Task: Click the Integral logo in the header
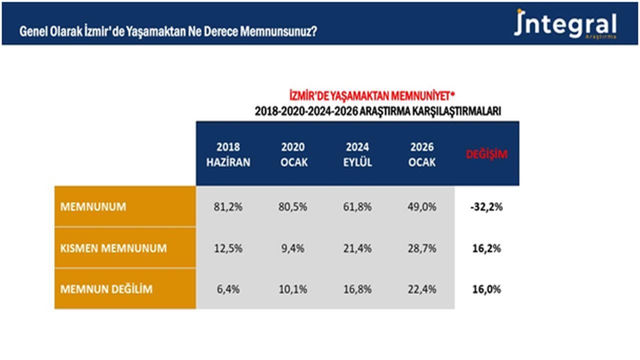[565, 24]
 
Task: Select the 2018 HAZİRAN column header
[228, 154]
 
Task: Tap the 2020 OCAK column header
[293, 154]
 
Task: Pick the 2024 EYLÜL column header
[357, 154]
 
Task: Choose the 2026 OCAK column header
[421, 154]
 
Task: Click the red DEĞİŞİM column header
[486, 154]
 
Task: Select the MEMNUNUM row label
[93, 207]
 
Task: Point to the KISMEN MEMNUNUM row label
[113, 248]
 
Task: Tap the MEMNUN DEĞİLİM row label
[106, 289]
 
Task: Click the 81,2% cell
[228, 207]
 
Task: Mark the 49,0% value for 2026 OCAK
[421, 207]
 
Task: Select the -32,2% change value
[486, 207]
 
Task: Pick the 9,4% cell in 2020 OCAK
[293, 248]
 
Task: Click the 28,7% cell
[421, 248]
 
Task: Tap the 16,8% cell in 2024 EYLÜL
[357, 289]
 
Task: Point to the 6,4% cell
[228, 289]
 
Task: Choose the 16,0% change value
[486, 289]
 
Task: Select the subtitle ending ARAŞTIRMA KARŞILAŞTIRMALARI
[378, 111]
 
